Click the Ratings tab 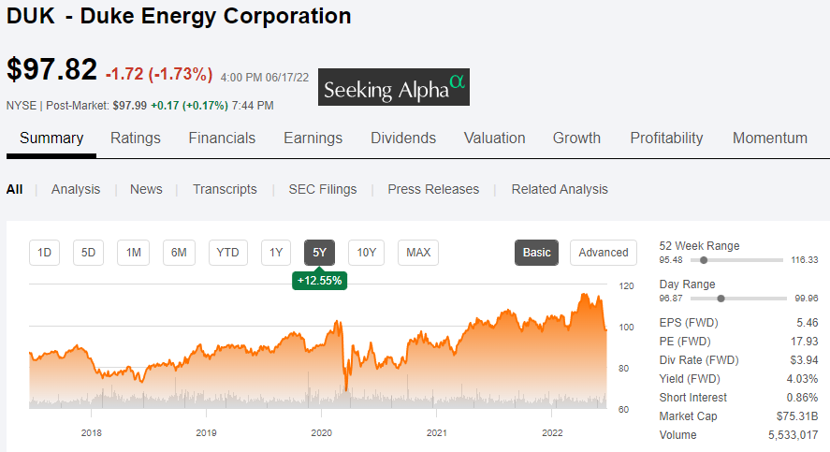click(x=136, y=138)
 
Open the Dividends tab click(x=403, y=138)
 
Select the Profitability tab click(x=666, y=138)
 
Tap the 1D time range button click(x=44, y=252)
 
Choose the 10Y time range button click(x=366, y=252)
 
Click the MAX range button click(x=418, y=252)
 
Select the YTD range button click(x=227, y=252)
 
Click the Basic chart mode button click(x=536, y=252)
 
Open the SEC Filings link click(x=322, y=189)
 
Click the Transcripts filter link click(x=225, y=189)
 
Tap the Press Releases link click(x=433, y=189)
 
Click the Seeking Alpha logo click(x=394, y=88)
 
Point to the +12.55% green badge click(x=319, y=280)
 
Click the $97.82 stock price click(x=51, y=70)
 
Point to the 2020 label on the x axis click(x=321, y=432)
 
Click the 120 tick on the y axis click(x=626, y=285)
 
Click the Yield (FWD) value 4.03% click(x=803, y=379)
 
